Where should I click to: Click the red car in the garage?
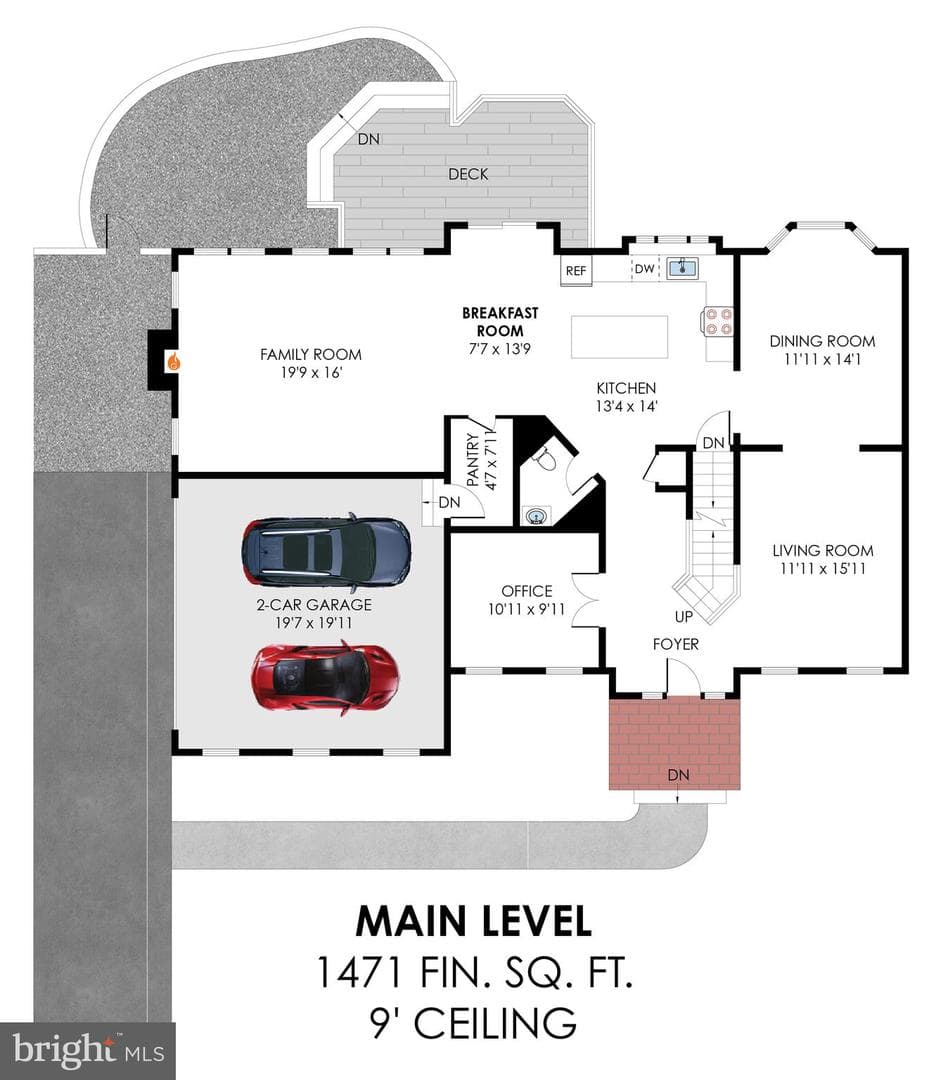(325, 678)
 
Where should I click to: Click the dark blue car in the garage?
(326, 552)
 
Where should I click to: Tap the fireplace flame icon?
(174, 362)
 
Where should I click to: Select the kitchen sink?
(682, 267)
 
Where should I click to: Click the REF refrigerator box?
(576, 271)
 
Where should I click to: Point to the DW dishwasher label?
(644, 269)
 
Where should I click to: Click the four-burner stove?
(717, 322)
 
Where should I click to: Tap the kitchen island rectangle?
(619, 336)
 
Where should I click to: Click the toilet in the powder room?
(544, 458)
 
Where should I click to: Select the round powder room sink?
(537, 515)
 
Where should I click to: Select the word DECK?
(468, 174)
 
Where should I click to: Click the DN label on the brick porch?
(679, 775)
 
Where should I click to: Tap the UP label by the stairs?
(683, 616)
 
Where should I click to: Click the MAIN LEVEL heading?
(474, 921)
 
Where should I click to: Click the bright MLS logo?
(88, 1051)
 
